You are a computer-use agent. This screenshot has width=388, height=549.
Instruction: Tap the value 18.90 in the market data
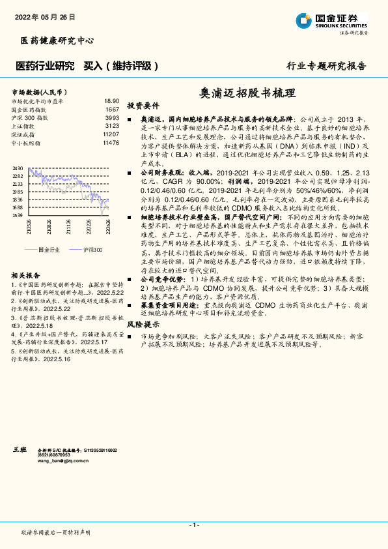pyautogui.click(x=111, y=102)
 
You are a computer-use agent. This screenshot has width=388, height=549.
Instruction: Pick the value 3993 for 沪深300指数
pyautogui.click(x=112, y=118)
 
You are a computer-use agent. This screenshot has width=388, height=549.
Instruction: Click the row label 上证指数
pyautogui.click(x=24, y=126)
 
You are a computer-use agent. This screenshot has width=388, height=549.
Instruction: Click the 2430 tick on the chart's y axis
pyautogui.click(x=18, y=168)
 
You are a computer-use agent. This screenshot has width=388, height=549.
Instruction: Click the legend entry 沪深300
pyautogui.click(x=94, y=249)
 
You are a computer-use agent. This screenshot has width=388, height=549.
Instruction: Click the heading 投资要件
pyautogui.click(x=143, y=106)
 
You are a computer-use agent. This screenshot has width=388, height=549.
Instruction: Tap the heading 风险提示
pyautogui.click(x=143, y=342)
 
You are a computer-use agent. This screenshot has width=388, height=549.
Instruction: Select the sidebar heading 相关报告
pyautogui.click(x=27, y=276)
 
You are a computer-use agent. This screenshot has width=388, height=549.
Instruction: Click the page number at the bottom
pyautogui.click(x=193, y=525)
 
